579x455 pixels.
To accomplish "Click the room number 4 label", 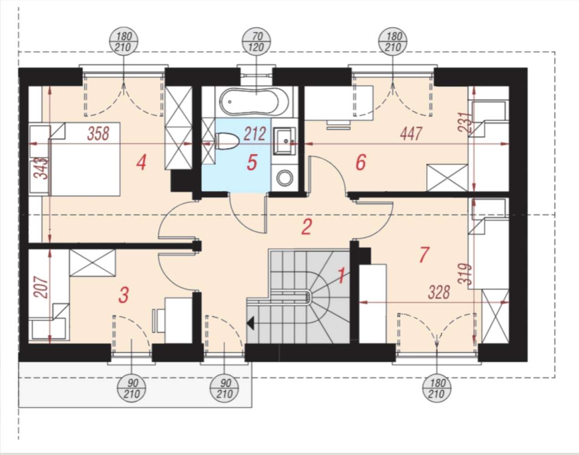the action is coord(141,162).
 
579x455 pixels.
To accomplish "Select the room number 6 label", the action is coord(361,162).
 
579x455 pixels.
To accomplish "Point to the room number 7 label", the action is coord(424,255).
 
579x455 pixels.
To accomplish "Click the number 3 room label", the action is coord(124,295).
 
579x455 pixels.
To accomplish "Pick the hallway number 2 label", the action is coord(307,227).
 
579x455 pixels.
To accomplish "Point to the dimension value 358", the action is coord(98,134).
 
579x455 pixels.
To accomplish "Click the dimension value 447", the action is coord(411,134).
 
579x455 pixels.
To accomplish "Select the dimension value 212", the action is coord(255,134).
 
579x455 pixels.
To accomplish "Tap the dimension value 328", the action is coord(439,292).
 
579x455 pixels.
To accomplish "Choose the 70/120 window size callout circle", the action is coord(256,42).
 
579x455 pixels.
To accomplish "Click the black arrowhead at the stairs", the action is coord(251,323).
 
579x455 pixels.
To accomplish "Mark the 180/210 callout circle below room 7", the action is coord(437,388).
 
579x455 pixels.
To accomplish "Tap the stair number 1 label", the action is coord(341,276).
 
